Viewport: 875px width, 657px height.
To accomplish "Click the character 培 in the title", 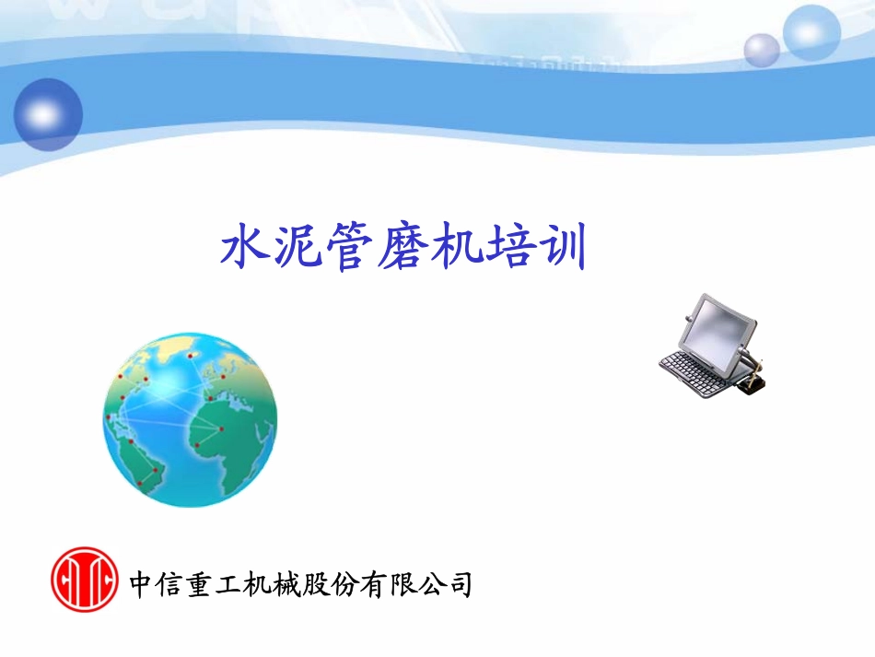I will [508, 248].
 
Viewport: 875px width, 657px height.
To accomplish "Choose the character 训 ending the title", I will [562, 248].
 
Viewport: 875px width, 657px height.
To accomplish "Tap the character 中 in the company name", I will [142, 584].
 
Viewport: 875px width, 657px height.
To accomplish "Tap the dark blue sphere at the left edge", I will [48, 114].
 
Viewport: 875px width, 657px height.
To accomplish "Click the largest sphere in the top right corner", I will [811, 32].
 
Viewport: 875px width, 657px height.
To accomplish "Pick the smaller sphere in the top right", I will [762, 50].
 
